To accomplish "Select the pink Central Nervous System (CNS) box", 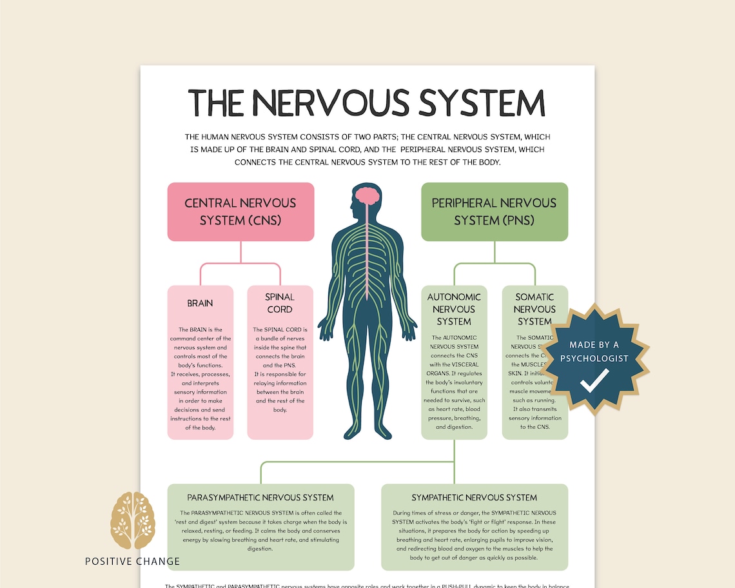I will [240, 211].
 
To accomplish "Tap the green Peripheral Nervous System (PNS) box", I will [495, 211].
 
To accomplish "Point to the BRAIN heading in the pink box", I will [200, 303].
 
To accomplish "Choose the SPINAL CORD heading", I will [280, 303].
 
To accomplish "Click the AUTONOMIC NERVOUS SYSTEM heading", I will [454, 309].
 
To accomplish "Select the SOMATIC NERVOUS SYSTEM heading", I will [534, 309].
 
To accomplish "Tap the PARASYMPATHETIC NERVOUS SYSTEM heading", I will [260, 498].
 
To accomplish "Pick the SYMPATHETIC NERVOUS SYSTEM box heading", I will [475, 498].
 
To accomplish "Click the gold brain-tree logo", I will [132, 522].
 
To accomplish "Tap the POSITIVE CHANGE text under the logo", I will [132, 561].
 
